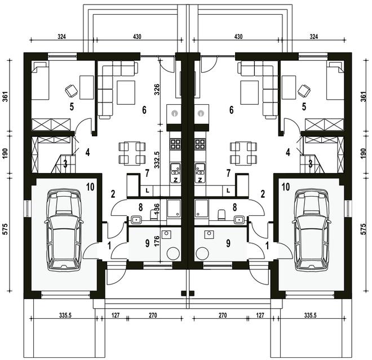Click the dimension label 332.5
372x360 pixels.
[157, 160]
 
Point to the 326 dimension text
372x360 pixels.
[157, 90]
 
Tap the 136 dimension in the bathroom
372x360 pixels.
[156, 209]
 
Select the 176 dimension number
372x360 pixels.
[156, 241]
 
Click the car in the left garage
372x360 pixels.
[64, 229]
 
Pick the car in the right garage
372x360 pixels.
[312, 229]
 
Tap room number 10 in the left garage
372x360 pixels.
[90, 187]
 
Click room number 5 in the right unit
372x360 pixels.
[304, 106]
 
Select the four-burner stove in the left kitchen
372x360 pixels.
[175, 144]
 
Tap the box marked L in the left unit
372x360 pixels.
[147, 190]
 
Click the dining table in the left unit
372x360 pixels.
[132, 153]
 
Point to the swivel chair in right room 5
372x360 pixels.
[304, 91]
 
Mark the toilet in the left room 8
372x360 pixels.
[153, 215]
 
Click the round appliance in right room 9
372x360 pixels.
[202, 254]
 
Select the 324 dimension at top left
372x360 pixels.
[61, 37]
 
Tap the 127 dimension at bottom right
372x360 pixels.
[260, 315]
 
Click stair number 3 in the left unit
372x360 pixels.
[65, 164]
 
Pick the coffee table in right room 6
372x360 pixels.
[249, 92]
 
